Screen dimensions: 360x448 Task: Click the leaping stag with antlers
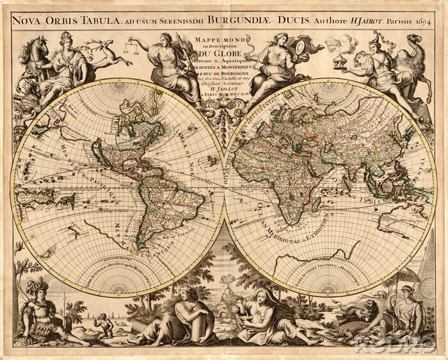(x=109, y=51)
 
